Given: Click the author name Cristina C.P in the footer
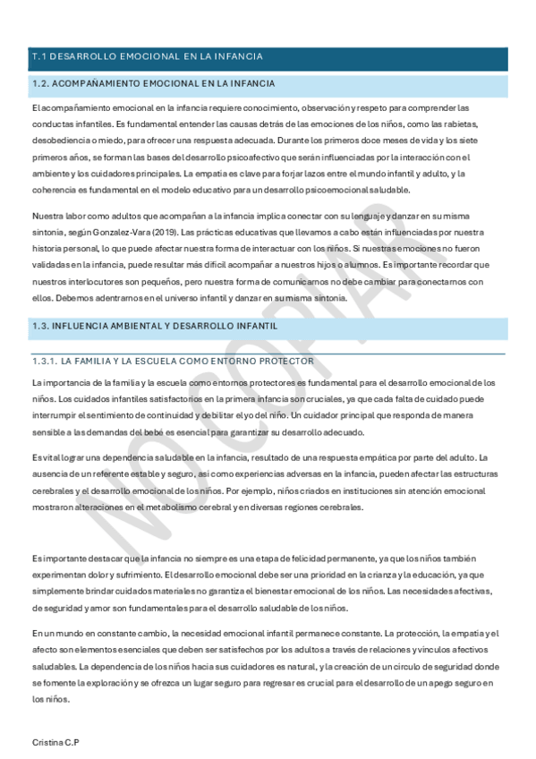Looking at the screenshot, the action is [x=55, y=743].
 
